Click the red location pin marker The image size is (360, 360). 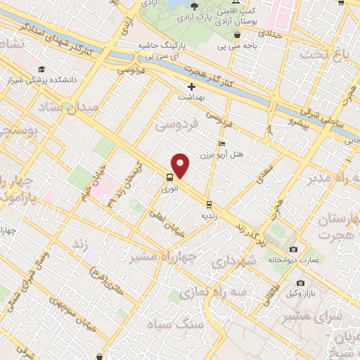click(181, 166)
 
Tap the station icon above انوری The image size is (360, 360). click(170, 177)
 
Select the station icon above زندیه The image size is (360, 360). click(208, 205)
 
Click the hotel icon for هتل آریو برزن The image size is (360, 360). click(222, 143)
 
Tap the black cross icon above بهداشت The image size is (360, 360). click(191, 86)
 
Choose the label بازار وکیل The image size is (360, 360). click(300, 292)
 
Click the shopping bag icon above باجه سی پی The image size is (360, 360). click(238, 34)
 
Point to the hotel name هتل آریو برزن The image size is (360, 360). click(210, 154)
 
